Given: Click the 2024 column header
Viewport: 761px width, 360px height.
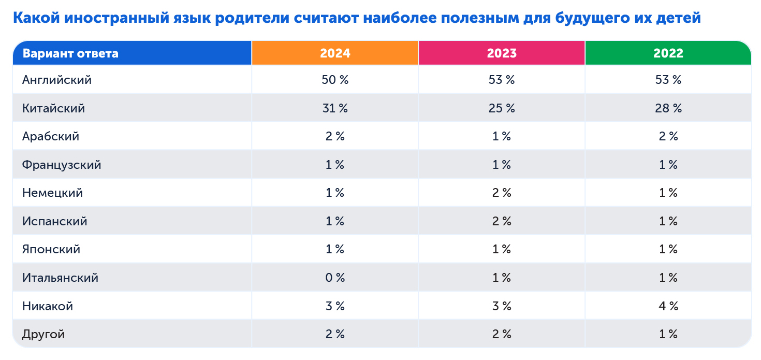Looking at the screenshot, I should coord(335,53).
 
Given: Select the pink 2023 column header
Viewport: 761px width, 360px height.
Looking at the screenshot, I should coord(502,53).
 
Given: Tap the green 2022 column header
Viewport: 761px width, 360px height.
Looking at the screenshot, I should coord(668,53).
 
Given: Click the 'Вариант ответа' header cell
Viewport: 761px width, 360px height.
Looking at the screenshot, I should coord(70,53).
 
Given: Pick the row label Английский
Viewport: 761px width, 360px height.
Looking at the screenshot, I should coord(57,80).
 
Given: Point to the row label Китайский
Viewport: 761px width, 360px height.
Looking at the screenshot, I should coord(53,108).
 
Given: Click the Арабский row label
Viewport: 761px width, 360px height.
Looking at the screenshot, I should coord(51,136).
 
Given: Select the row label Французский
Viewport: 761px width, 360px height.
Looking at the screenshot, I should coord(62,165).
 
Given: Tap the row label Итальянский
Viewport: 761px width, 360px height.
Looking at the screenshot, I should coord(60,278).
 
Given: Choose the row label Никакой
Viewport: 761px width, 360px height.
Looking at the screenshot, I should coord(48,306).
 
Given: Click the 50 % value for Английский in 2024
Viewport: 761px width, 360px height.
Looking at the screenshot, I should coord(335,80).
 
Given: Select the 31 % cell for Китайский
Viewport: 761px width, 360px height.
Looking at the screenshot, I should coord(335,108).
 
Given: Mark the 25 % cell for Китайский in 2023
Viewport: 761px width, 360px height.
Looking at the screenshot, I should coord(502,108).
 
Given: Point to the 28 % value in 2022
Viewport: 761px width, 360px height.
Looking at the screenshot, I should coord(668,108).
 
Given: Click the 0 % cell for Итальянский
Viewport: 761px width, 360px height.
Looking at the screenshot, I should coord(335,278).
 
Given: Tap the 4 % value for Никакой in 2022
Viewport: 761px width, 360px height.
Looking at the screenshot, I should coord(668,306).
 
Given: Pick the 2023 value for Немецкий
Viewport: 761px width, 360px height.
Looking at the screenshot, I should coord(502,193).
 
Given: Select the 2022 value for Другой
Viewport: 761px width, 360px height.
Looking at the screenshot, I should coord(668,334).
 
